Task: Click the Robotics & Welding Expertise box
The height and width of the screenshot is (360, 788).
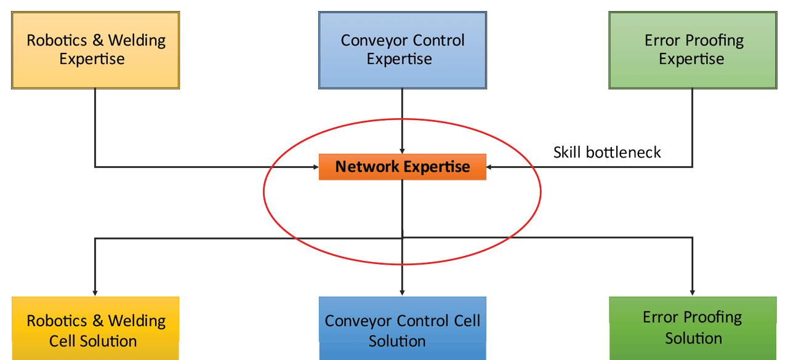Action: click(x=95, y=50)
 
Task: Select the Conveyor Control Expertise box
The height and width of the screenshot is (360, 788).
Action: click(x=402, y=50)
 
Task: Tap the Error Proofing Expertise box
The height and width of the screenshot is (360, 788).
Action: click(x=693, y=50)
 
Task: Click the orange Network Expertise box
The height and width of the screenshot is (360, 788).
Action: click(x=402, y=167)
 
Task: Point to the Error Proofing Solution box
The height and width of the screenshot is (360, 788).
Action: click(x=693, y=328)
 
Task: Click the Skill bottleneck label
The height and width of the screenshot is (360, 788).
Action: click(x=607, y=153)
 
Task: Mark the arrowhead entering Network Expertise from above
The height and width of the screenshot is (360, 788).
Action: click(x=402, y=150)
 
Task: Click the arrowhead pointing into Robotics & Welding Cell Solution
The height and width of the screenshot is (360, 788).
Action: click(x=95, y=292)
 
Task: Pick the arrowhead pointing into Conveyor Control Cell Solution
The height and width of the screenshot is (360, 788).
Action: click(x=402, y=292)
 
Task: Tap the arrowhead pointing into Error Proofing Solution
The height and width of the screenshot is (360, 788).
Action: click(x=693, y=292)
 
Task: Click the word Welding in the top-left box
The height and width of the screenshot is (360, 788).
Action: click(x=137, y=41)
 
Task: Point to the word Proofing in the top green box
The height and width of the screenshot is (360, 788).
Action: click(x=715, y=41)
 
